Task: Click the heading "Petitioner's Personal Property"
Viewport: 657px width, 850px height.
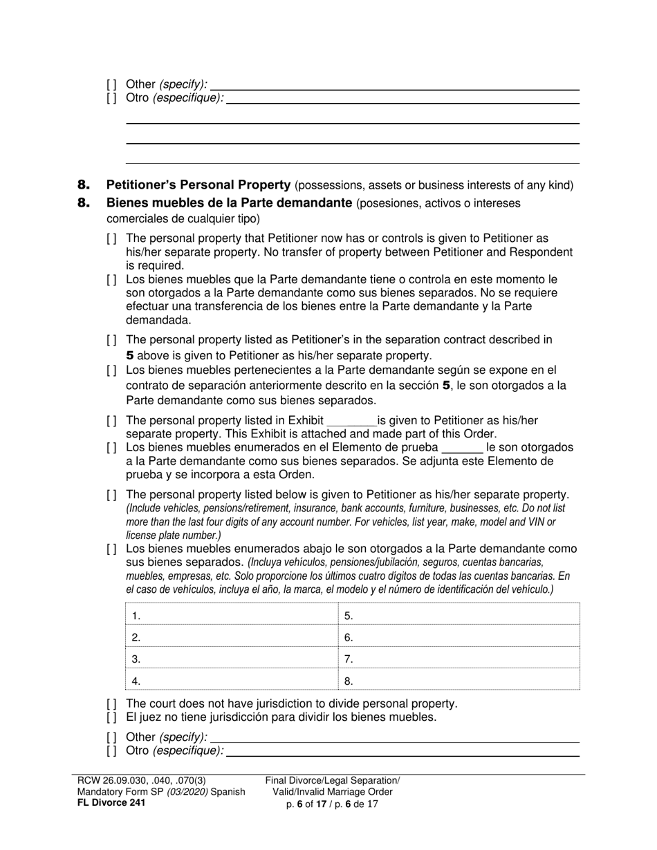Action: (x=198, y=185)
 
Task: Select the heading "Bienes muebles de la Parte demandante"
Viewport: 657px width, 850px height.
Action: (x=229, y=203)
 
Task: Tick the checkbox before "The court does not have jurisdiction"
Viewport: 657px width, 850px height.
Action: (x=112, y=703)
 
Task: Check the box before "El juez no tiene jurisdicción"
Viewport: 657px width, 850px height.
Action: (x=112, y=717)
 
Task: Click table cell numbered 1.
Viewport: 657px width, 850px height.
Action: (x=229, y=615)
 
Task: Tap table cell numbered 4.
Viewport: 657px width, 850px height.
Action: (x=229, y=681)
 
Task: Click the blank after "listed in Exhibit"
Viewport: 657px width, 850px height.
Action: (x=351, y=421)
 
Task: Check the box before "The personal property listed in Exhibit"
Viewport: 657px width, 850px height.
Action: (x=112, y=421)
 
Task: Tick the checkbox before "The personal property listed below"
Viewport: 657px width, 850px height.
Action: (x=112, y=495)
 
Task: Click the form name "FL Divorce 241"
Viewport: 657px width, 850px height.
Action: (x=111, y=803)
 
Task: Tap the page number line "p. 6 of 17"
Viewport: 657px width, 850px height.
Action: (x=333, y=804)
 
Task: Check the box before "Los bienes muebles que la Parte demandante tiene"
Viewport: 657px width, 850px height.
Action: (x=112, y=280)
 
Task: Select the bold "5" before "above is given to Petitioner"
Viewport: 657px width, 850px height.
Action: (x=130, y=356)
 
